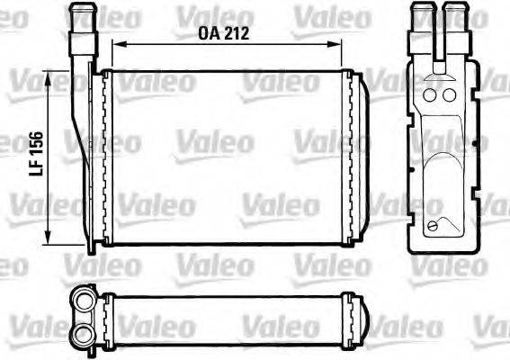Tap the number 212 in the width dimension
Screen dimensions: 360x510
pyautogui.click(x=234, y=33)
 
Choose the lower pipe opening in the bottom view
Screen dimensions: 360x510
pyautogui.click(x=83, y=334)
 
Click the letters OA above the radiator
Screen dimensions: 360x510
pyautogui.click(x=209, y=33)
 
